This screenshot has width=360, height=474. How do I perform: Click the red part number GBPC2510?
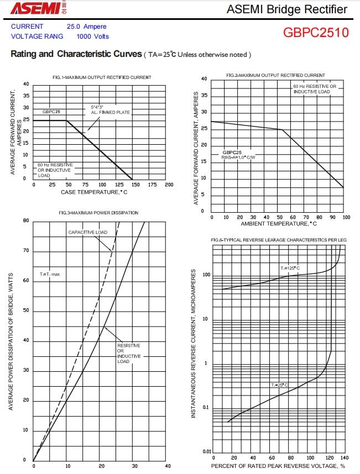click(316, 32)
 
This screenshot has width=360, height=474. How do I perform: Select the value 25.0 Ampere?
click(86, 27)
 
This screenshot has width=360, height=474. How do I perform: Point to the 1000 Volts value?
click(92, 36)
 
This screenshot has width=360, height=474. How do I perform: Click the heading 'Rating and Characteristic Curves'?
click(76, 54)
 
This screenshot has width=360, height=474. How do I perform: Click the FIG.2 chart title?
click(275, 75)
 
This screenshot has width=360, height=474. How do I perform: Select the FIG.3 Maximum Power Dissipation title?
click(98, 213)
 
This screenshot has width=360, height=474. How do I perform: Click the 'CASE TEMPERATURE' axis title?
click(94, 192)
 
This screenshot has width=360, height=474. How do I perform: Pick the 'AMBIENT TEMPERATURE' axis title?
click(278, 224)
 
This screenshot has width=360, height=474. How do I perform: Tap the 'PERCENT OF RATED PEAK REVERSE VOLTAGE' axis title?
click(278, 466)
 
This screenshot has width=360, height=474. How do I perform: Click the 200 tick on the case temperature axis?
click(169, 185)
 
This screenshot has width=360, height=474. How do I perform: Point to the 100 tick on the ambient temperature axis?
click(346, 217)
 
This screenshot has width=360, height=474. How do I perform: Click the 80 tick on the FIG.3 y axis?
click(26, 221)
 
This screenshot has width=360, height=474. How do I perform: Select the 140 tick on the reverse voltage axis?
click(345, 458)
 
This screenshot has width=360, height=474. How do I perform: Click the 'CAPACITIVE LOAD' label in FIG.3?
click(88, 233)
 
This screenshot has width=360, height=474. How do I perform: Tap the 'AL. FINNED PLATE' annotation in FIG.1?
click(110, 112)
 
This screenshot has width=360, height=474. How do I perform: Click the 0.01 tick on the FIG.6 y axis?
click(207, 452)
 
